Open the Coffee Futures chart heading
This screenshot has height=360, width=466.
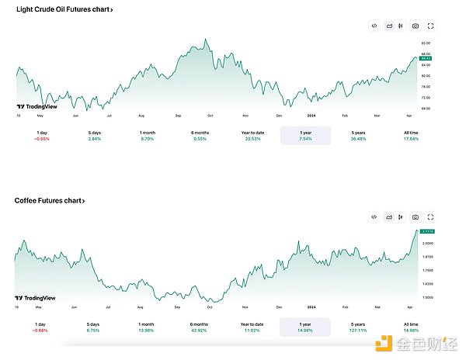point(50,200)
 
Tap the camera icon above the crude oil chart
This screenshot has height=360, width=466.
point(416,26)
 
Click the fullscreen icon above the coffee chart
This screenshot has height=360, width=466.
point(430,216)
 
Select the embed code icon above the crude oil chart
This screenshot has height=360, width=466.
point(374,26)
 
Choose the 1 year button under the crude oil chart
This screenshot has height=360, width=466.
point(305,135)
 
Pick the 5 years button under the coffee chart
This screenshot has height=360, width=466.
point(359,327)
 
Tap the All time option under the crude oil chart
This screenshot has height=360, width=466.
point(412,135)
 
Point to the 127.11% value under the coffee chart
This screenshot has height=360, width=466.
point(359,331)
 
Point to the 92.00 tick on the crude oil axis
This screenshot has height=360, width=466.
point(426,43)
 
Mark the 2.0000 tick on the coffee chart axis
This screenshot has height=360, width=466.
point(427,243)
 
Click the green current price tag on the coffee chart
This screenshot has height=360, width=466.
point(426,231)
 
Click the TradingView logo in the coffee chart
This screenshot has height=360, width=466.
point(30,298)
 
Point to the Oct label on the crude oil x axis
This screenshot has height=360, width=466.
point(210,115)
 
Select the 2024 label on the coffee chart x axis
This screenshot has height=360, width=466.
point(311,306)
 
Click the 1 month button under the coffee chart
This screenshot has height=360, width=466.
point(146,327)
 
